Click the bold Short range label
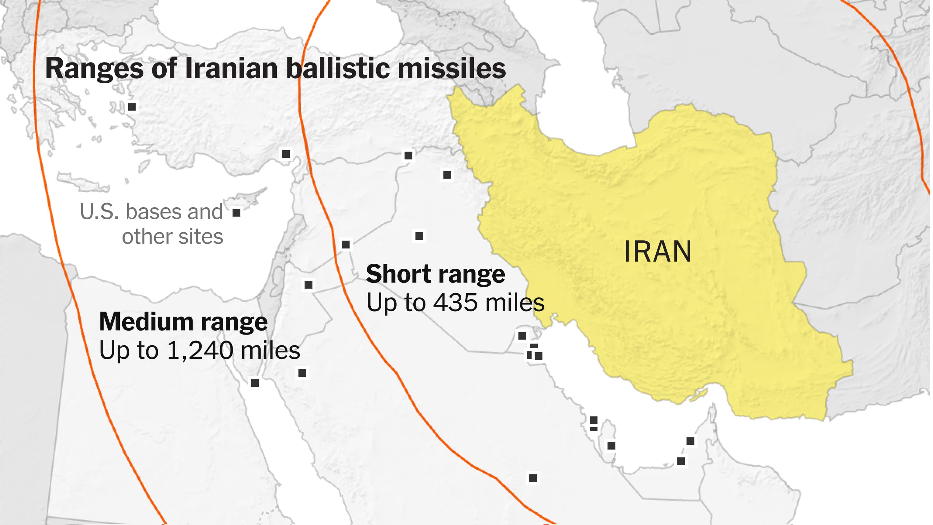pyautogui.click(x=435, y=274)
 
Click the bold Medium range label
pyautogui.click(x=183, y=322)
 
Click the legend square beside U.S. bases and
pyautogui.click(x=236, y=212)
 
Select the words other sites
pyautogui.click(x=172, y=237)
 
